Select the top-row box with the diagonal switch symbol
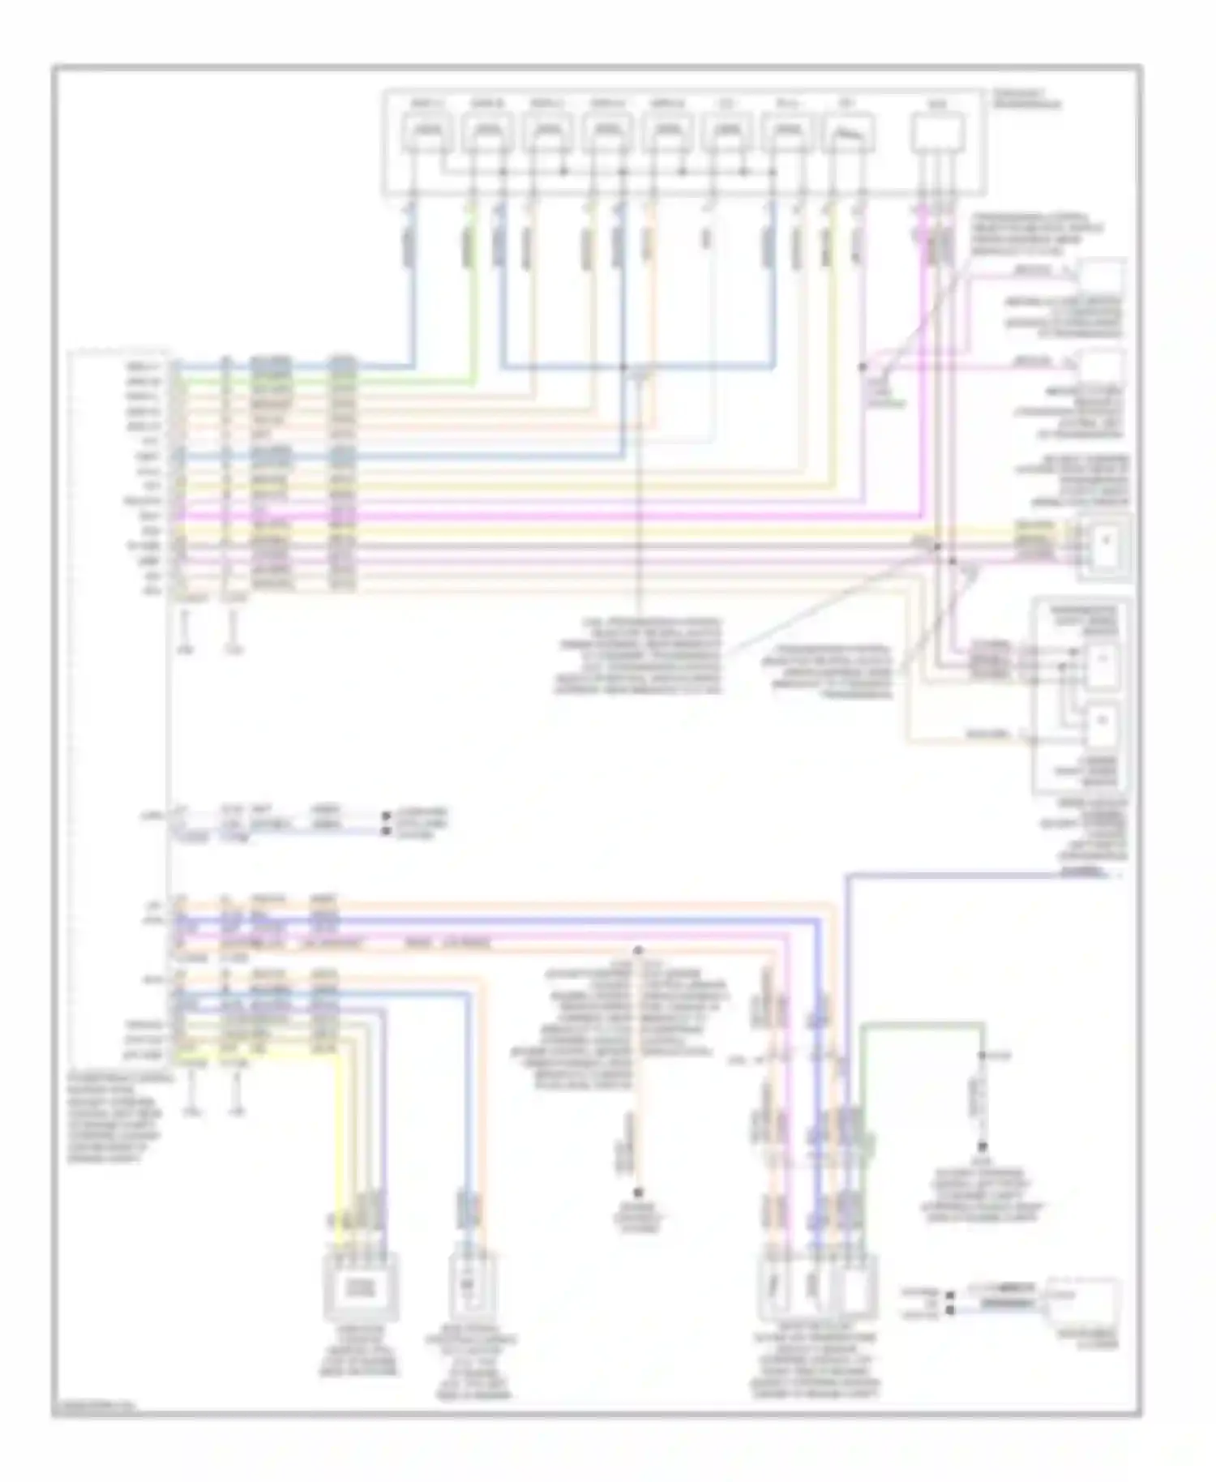pyautogui.click(x=849, y=132)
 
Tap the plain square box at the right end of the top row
pyautogui.click(x=937, y=132)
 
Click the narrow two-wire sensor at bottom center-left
pyautogui.click(x=471, y=1287)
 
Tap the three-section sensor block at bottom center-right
pyautogui.click(x=817, y=1287)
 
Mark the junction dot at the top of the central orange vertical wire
pyautogui.click(x=638, y=949)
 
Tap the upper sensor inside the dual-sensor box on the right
pyautogui.click(x=1103, y=661)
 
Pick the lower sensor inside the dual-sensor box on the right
pyautogui.click(x=1103, y=722)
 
